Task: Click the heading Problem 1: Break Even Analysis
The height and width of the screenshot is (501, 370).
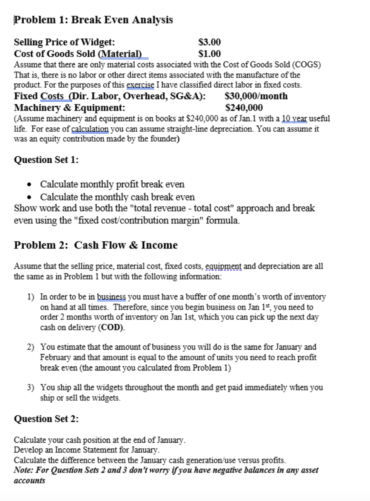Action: click(94, 20)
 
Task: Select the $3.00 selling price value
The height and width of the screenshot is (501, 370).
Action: click(209, 42)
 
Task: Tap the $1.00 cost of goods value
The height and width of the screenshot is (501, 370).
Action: click(209, 53)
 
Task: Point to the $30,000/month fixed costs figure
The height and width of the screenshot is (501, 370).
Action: click(256, 96)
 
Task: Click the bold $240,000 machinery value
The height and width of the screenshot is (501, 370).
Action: click(244, 108)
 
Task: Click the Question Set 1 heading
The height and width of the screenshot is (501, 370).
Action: click(47, 160)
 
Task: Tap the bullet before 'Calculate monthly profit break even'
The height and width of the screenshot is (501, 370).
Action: click(32, 184)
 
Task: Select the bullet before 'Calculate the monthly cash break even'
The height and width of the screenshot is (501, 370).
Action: click(32, 197)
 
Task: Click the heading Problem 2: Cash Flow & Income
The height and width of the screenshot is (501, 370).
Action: click(96, 245)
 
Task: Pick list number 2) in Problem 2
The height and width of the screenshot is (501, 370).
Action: click(31, 347)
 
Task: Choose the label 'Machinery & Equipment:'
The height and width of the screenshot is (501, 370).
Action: click(70, 108)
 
